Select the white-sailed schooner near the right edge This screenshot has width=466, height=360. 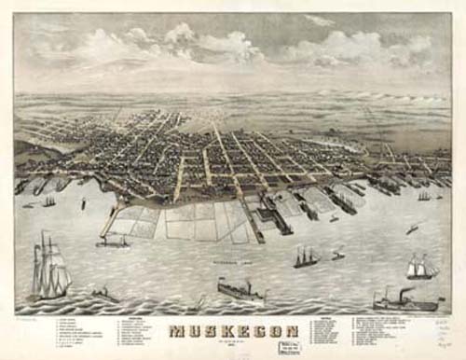pyautogui.click(x=420, y=268)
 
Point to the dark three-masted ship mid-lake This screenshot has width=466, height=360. pyautogui.click(x=306, y=257)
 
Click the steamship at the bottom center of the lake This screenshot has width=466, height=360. pyautogui.click(x=240, y=292)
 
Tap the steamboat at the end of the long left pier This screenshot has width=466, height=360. pyautogui.click(x=113, y=242)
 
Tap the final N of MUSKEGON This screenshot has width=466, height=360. pyautogui.click(x=290, y=332)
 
